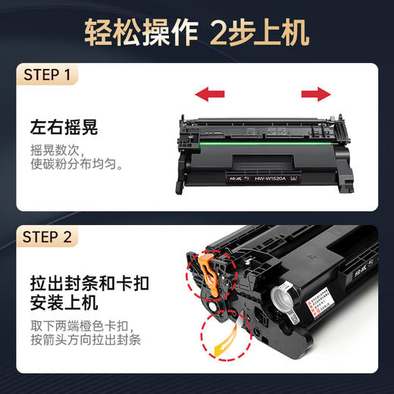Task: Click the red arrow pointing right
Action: [x=317, y=95]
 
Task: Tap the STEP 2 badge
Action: [x=48, y=237]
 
